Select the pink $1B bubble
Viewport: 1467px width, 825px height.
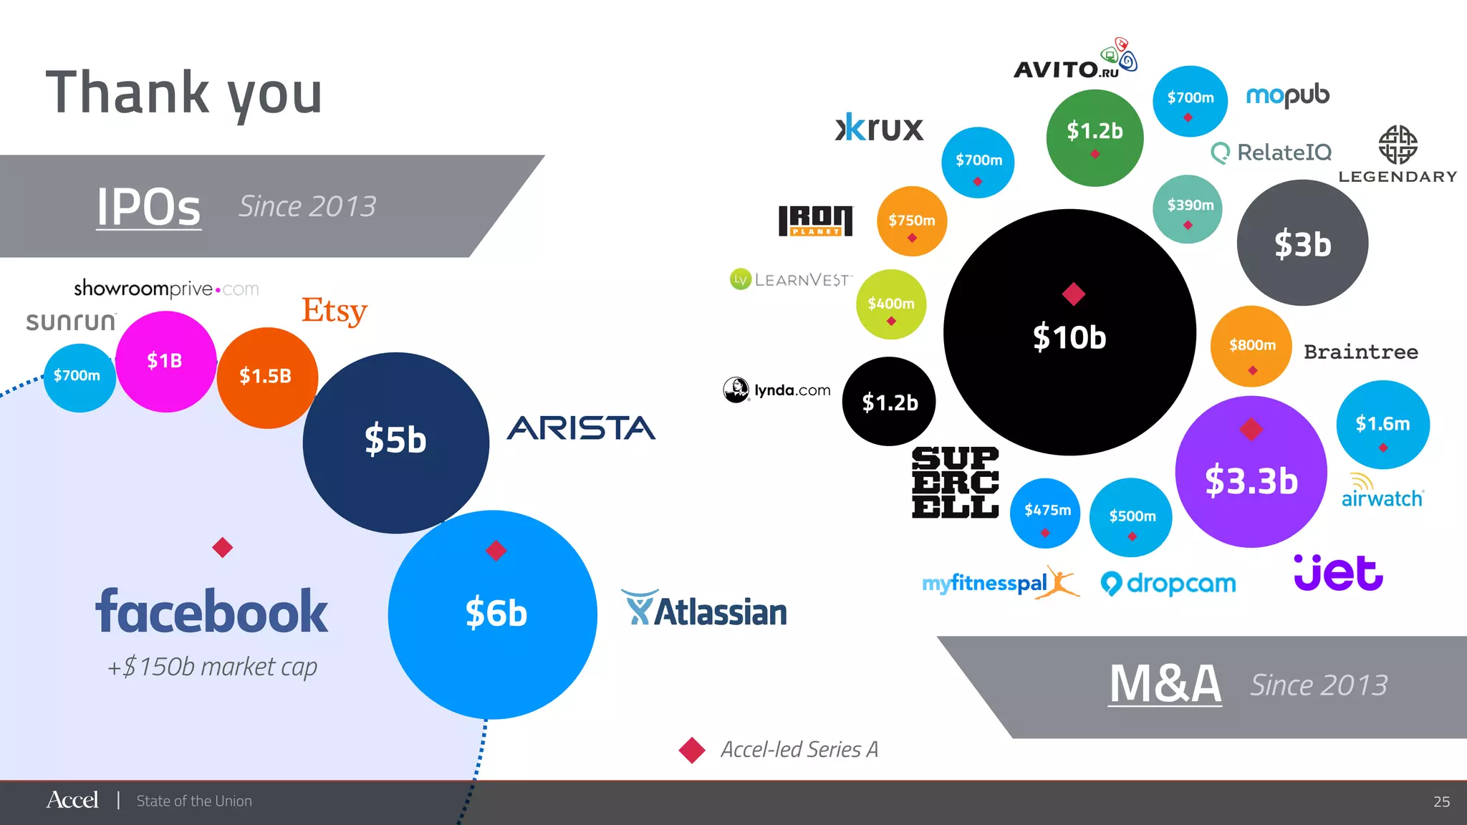tap(165, 361)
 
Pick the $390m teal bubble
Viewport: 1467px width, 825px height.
tap(1188, 208)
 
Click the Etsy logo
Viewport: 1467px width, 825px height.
tap(334, 311)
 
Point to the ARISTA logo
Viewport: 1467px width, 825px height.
tap(581, 428)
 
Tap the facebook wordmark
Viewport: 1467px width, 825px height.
tap(212, 612)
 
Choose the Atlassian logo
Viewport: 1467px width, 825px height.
tap(705, 610)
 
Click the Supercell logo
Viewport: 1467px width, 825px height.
tap(955, 482)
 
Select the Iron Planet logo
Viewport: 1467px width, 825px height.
tap(815, 221)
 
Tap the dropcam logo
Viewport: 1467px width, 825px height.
tap(1168, 584)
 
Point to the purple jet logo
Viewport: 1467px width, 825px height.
tap(1338, 572)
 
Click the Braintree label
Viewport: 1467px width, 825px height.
tap(1360, 352)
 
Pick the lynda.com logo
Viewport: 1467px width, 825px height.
tap(777, 390)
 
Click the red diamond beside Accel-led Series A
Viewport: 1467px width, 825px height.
tap(692, 750)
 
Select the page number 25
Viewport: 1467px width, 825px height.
tap(1441, 801)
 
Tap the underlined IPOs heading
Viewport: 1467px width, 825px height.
tap(149, 207)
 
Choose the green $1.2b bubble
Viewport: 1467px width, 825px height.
tap(1095, 137)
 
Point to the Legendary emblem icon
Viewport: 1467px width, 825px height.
tap(1398, 145)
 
